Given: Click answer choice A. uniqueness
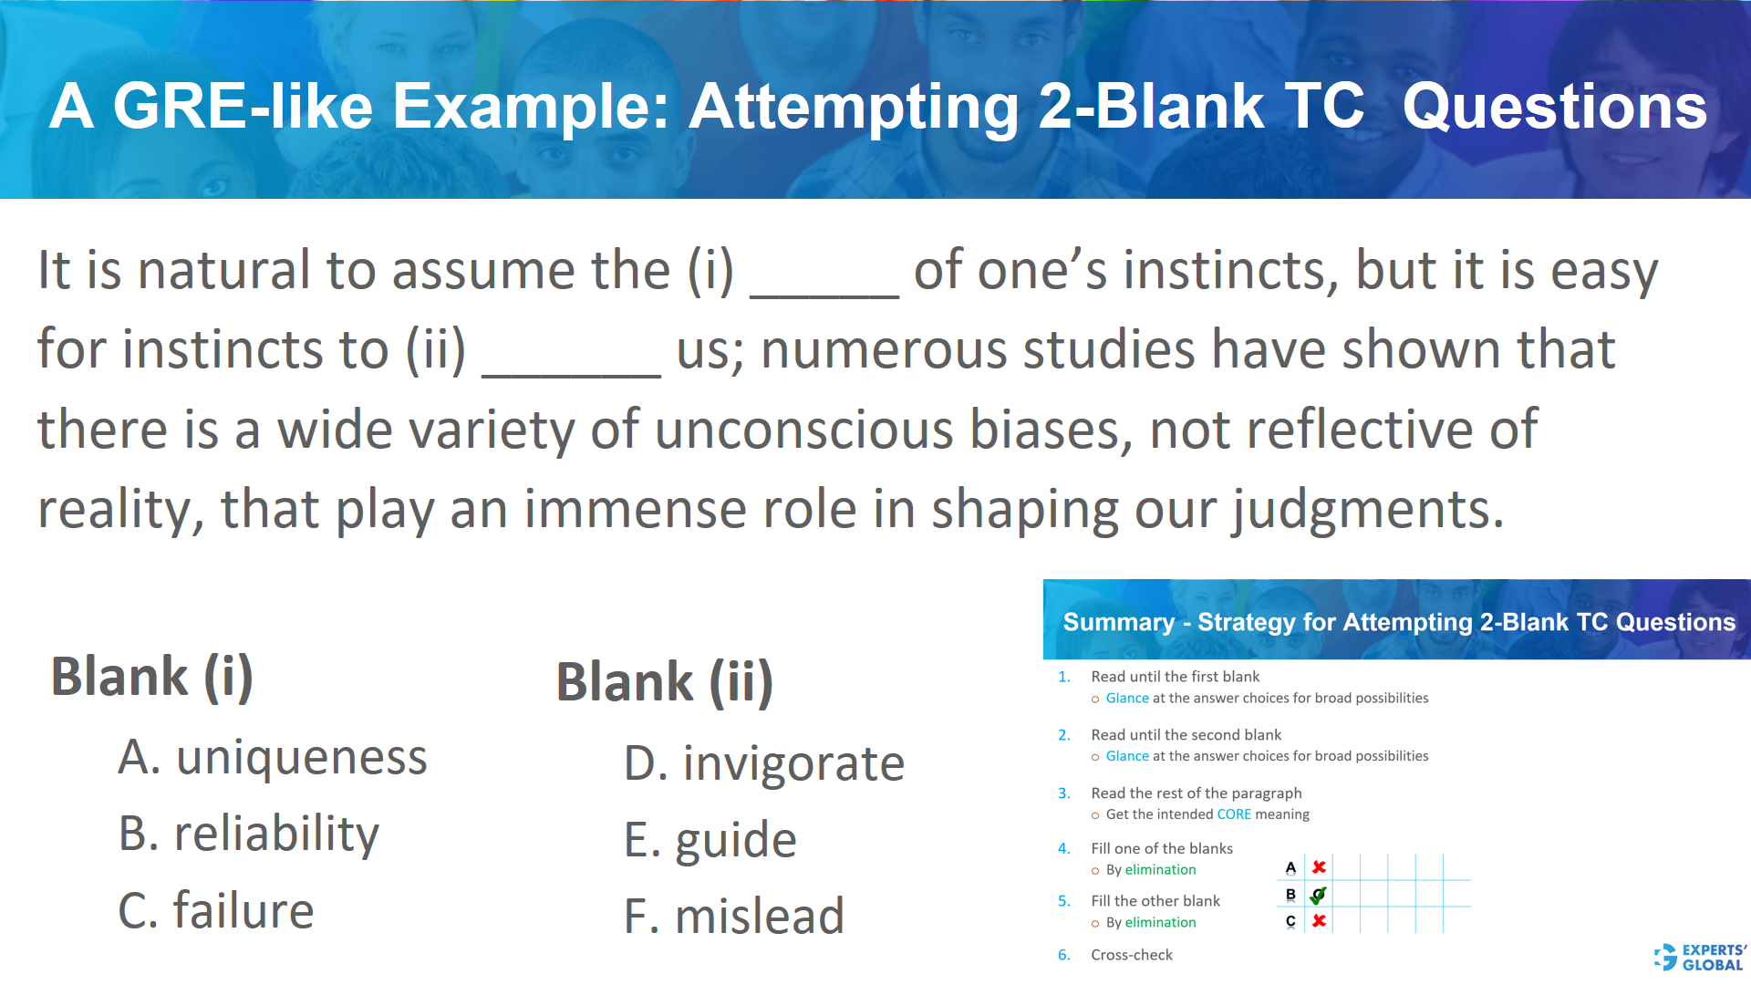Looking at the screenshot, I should tap(273, 758).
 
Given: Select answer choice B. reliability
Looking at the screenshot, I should tap(249, 834).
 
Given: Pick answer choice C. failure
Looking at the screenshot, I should tap(216, 910).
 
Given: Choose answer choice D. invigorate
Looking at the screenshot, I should tap(764, 763).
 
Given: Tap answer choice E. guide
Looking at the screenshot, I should tap(710, 840).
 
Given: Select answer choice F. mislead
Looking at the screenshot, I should tap(734, 916).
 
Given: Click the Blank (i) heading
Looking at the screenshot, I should tap(152, 677).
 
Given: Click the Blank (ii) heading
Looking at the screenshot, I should tap(665, 682).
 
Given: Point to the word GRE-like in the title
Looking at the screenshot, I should tap(243, 107).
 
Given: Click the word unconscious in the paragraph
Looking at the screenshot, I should tap(803, 429).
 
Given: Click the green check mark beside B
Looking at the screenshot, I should tap(1319, 895).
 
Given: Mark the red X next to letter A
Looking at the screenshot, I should tap(1319, 866).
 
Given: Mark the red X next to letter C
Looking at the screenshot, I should tap(1319, 921).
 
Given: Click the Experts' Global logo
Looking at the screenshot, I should tap(1700, 957).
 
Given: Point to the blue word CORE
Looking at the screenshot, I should tap(1234, 814).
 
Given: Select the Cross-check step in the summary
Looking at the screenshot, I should tap(1132, 955).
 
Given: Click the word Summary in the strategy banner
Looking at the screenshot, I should tap(1118, 622).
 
